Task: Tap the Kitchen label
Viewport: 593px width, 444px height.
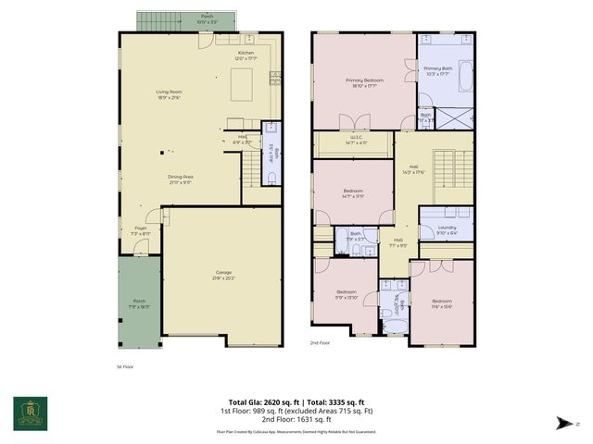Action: [246, 55]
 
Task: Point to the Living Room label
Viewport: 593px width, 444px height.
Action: [169, 93]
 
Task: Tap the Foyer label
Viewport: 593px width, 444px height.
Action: [141, 230]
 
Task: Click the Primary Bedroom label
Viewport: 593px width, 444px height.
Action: [364, 83]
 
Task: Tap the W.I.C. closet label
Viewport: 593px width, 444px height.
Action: [357, 140]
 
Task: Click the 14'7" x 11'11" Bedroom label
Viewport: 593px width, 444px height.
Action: [353, 194]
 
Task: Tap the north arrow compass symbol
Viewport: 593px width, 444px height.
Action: [562, 422]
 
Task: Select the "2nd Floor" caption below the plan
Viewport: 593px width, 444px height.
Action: [321, 342]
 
